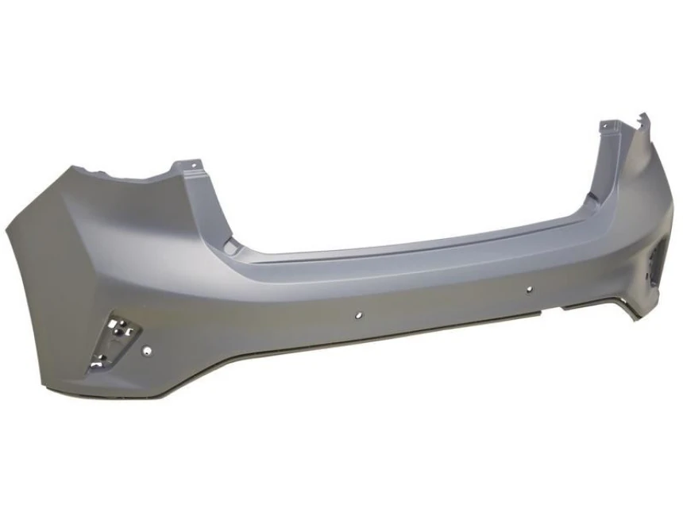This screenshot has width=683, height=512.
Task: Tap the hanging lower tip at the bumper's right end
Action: [635, 317]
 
